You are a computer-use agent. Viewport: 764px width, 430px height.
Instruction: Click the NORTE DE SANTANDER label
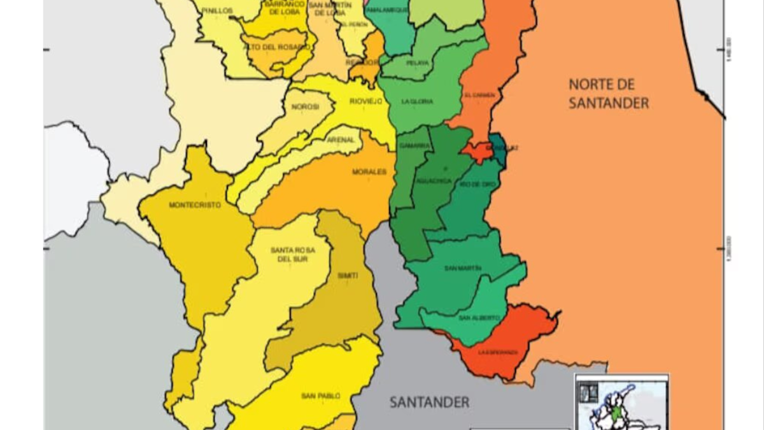[608, 94]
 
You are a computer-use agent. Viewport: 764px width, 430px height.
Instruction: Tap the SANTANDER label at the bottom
[429, 402]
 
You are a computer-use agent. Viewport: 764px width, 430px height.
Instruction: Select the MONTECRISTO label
[195, 205]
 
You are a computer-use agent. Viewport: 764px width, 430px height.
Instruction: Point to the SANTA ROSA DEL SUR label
[292, 254]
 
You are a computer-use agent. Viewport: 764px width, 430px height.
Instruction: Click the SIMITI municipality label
[348, 275]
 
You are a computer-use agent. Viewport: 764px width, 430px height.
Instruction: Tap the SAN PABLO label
[316, 396]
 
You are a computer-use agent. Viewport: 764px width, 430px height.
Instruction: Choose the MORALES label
[369, 172]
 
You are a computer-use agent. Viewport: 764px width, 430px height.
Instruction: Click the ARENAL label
[340, 140]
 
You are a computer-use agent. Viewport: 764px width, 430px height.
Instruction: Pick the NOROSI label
[305, 107]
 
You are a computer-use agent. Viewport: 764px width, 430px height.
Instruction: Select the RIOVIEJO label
[365, 101]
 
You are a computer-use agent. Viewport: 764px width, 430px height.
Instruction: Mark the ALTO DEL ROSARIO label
[277, 47]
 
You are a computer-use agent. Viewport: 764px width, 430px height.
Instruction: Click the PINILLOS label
[217, 11]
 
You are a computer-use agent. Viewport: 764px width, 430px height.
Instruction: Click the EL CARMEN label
[479, 95]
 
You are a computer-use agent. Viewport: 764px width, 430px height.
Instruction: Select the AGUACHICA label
[435, 181]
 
